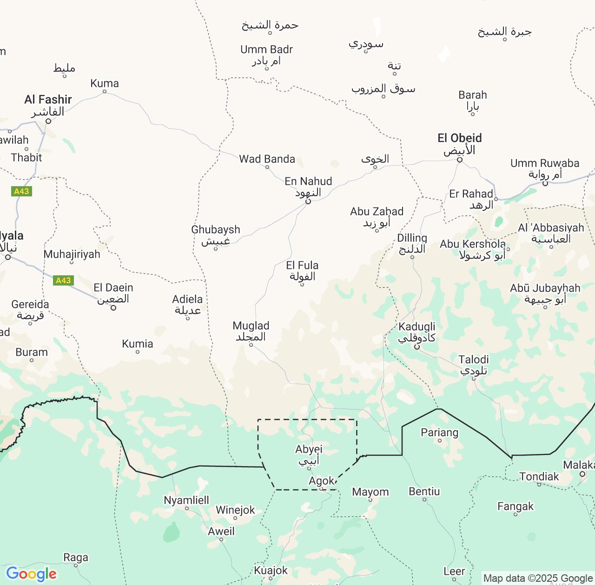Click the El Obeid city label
click(459, 138)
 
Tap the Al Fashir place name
click(48, 100)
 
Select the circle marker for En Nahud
click(308, 201)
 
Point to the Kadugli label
click(416, 327)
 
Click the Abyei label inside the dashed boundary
click(309, 449)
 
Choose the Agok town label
click(321, 481)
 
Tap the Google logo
click(31, 574)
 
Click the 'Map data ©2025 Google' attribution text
click(538, 578)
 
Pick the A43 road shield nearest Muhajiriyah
click(63, 280)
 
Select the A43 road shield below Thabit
click(21, 191)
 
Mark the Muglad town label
click(251, 326)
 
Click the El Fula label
click(302, 266)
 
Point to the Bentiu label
click(424, 491)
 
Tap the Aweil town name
click(221, 531)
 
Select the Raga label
click(76, 558)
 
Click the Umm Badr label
click(266, 50)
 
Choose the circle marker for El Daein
click(113, 308)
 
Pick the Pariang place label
click(439, 433)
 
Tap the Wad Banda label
click(267, 159)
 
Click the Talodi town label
click(473, 360)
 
